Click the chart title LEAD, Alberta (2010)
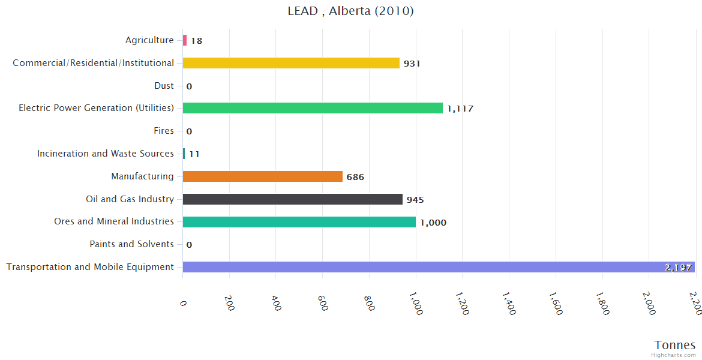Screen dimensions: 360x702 click(350, 11)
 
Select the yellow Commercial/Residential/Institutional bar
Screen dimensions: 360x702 click(291, 63)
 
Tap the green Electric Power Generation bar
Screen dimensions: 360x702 click(313, 108)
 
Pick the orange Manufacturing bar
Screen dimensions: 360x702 click(262, 176)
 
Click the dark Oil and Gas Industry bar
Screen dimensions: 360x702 click(292, 199)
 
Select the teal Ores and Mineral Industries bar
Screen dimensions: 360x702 click(299, 222)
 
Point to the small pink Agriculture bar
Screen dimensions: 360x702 click(185, 40)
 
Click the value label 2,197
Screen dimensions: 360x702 click(679, 268)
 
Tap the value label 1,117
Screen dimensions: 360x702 click(460, 109)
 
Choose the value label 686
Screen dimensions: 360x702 click(355, 177)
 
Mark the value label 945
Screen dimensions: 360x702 click(415, 200)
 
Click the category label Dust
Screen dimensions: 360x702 click(164, 86)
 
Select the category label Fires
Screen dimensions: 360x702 click(164, 131)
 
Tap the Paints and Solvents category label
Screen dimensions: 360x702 click(131, 244)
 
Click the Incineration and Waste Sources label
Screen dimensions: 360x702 click(106, 154)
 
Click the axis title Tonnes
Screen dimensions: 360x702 click(675, 345)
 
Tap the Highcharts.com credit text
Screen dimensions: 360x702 click(674, 355)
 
